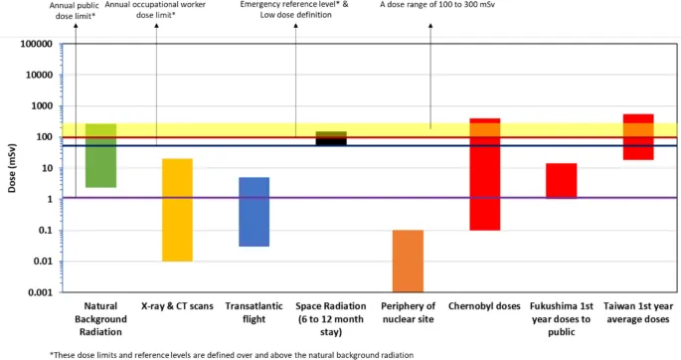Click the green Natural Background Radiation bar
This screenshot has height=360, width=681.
[101, 164]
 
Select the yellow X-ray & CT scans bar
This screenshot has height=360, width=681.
[178, 209]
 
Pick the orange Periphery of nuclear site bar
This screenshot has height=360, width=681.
[408, 261]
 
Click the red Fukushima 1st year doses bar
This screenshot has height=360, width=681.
[561, 180]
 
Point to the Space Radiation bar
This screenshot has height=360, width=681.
[331, 138]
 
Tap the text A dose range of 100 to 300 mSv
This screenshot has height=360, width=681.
[429, 5]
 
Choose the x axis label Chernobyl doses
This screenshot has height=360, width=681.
[484, 307]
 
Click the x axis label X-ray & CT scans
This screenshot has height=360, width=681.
[178, 307]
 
